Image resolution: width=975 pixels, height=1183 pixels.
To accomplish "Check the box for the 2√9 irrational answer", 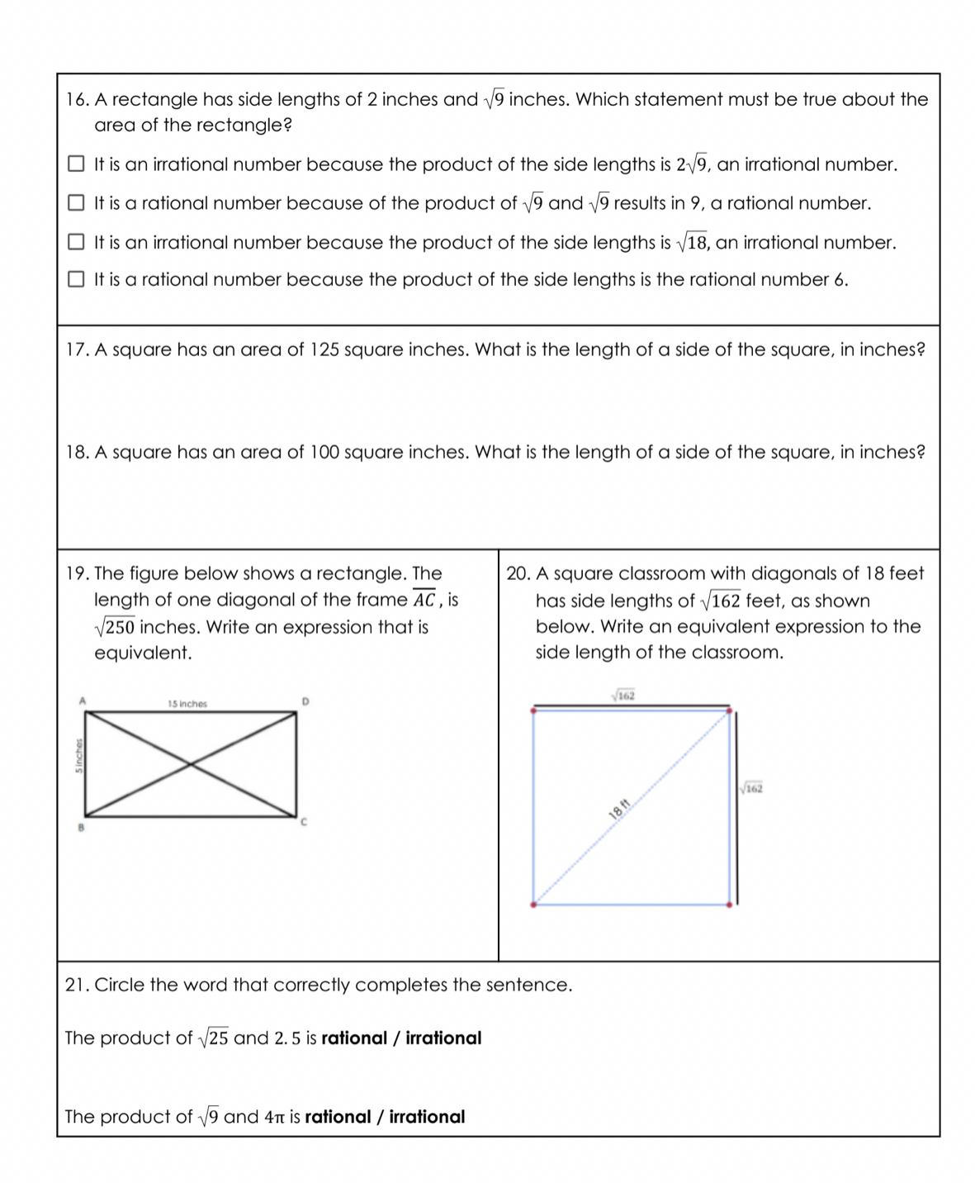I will [x=76, y=164].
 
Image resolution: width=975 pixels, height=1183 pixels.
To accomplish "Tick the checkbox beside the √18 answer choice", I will [x=76, y=242].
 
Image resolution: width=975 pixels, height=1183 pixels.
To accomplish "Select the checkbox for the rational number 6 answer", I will [x=76, y=279].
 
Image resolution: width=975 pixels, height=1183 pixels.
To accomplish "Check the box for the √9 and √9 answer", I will [x=76, y=202].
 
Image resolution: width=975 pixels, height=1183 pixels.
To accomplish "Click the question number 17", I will [x=77, y=349].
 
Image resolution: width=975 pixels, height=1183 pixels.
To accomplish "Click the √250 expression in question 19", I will [x=115, y=627].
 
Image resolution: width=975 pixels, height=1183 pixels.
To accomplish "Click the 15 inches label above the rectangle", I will [x=187, y=704].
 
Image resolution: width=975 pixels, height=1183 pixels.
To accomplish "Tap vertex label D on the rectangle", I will [x=305, y=701].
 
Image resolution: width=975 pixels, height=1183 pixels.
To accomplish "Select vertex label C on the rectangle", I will [x=304, y=822].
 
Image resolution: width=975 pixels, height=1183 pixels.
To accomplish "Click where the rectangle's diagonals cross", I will [x=192, y=764].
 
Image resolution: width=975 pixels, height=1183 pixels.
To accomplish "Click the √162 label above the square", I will [x=623, y=696].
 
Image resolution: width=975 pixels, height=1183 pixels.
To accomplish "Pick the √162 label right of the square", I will [x=752, y=788].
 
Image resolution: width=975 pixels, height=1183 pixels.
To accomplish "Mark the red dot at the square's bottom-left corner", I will [x=533, y=905].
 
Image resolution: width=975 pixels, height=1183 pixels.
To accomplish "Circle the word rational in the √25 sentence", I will [x=353, y=1038].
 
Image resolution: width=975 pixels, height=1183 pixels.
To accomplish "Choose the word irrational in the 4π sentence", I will [x=427, y=1117].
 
